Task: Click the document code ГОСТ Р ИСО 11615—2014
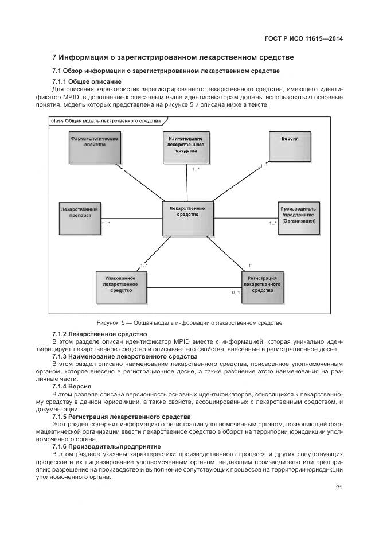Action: [308, 40]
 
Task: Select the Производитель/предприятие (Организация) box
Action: [298, 217]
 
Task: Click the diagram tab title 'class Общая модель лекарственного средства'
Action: [106, 121]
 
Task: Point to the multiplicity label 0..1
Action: [236, 293]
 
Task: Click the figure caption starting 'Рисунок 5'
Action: [189, 323]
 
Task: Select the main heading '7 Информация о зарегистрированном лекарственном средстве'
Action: [173, 57]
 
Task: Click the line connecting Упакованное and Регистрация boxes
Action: [194, 287]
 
